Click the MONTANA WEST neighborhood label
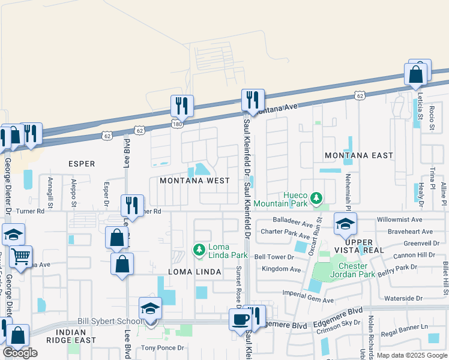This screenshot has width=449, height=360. (x=194, y=181)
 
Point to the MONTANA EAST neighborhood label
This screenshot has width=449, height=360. (x=359, y=155)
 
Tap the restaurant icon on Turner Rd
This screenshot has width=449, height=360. (x=131, y=205)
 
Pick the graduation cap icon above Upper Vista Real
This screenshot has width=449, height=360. (x=345, y=224)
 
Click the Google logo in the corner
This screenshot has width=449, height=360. (x=20, y=353)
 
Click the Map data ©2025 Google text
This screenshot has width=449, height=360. (x=411, y=355)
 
